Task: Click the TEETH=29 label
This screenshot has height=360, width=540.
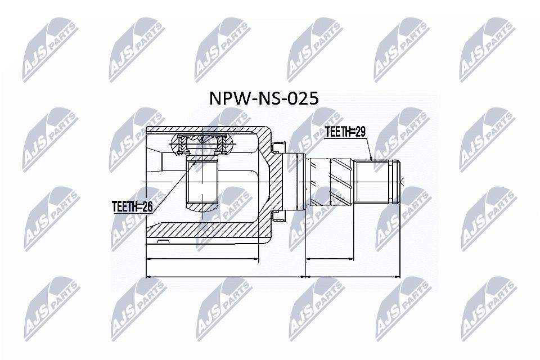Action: click(x=345, y=132)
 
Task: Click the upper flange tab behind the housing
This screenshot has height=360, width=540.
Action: click(x=277, y=148)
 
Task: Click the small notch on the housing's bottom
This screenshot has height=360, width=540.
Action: click(x=163, y=242)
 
